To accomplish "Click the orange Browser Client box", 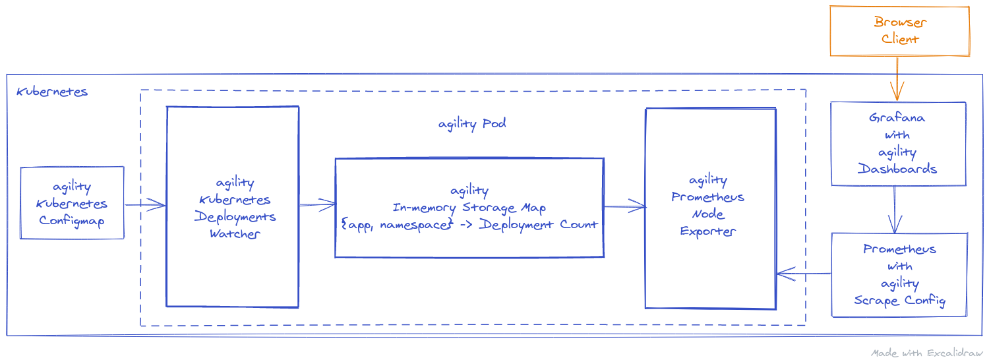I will (899, 31).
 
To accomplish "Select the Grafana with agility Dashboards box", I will (897, 144).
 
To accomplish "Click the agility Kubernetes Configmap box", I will (72, 203).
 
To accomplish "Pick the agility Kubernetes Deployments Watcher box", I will (232, 207).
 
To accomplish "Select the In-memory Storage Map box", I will (469, 208).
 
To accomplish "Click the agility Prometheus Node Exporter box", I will (709, 208).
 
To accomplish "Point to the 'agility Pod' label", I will (472, 124).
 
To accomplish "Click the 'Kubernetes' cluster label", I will (52, 92).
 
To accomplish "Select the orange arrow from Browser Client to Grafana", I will (897, 78).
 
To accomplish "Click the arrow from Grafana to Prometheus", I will (895, 209).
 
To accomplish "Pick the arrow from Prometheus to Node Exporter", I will (803, 273).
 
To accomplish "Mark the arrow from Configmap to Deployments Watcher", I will (144, 205).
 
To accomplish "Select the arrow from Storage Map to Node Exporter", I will (624, 207).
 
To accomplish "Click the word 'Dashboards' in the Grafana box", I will (897, 169).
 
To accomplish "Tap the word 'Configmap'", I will (72, 220).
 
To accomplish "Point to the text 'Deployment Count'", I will (538, 224).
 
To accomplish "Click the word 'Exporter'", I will (707, 231).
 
